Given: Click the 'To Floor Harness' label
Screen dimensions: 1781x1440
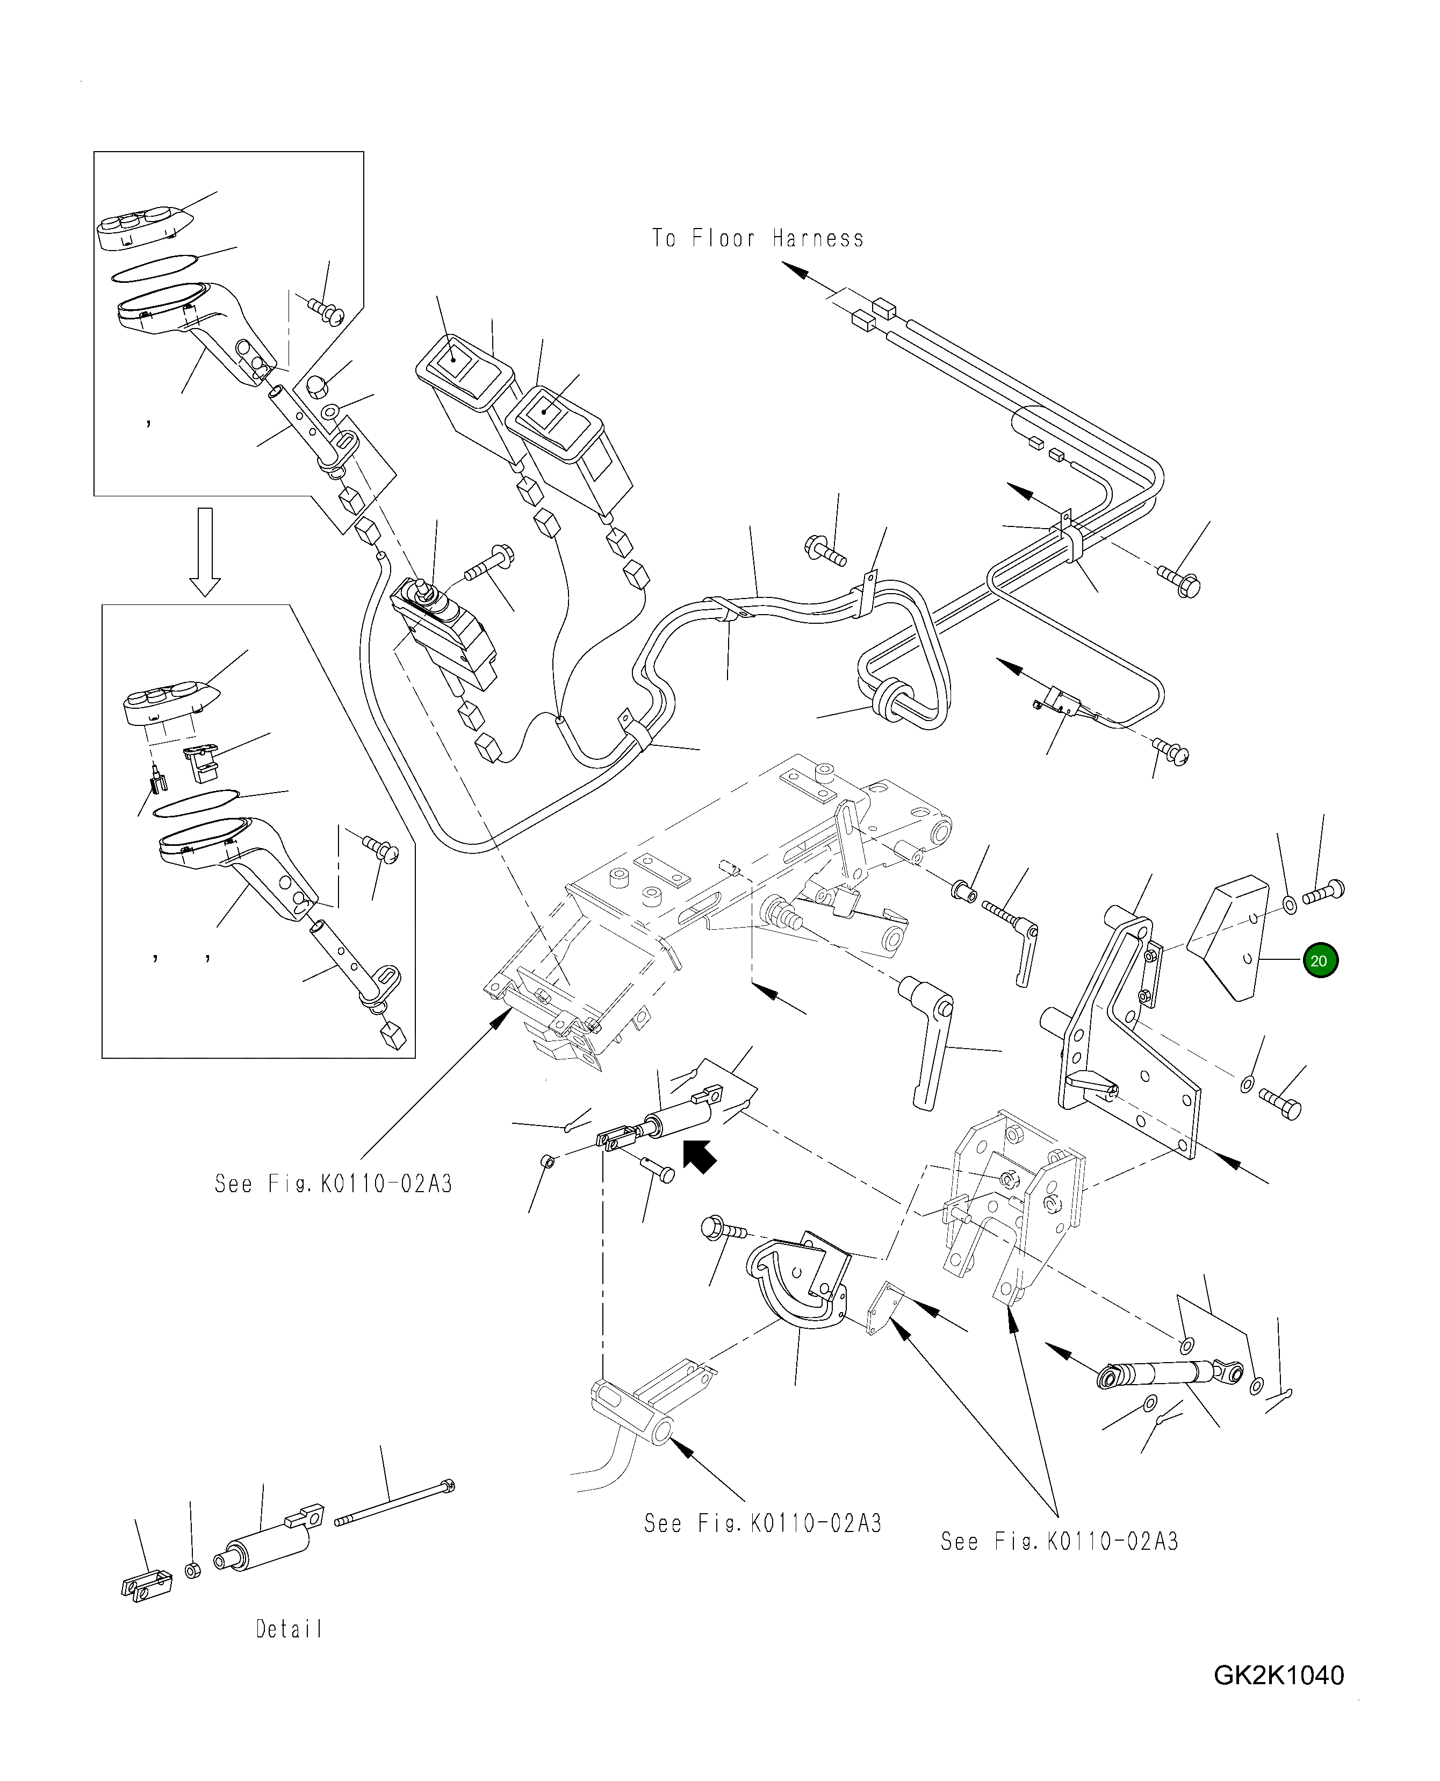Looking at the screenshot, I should [x=757, y=239].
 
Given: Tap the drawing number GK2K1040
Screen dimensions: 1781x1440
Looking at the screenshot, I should [x=1278, y=1676].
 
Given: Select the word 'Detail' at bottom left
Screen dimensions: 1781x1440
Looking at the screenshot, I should [x=288, y=1629].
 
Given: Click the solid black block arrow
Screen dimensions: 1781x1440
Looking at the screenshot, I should [x=699, y=1155].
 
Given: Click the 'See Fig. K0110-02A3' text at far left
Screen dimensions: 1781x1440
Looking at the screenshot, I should [x=334, y=1184].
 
